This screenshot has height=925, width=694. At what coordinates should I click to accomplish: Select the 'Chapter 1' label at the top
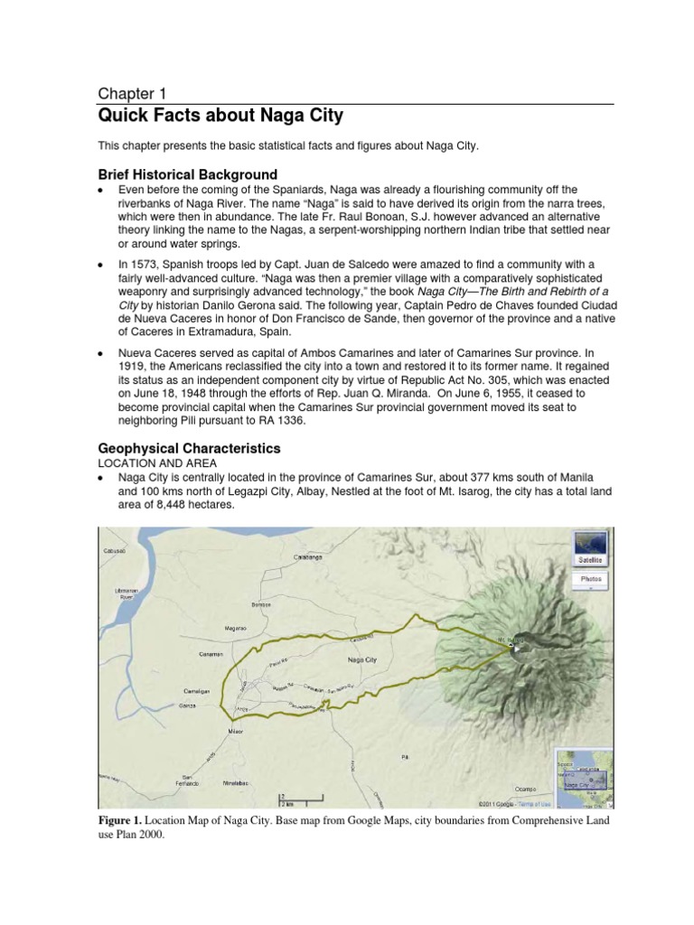pyautogui.click(x=132, y=92)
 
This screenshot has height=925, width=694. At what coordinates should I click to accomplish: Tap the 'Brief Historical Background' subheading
pyautogui.click(x=187, y=173)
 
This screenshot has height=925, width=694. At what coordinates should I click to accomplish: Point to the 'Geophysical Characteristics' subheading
pyautogui.click(x=189, y=448)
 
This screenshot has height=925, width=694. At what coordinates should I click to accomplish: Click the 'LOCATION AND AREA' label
pyautogui.click(x=151, y=463)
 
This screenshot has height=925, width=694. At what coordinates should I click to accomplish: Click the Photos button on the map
pyautogui.click(x=591, y=578)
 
